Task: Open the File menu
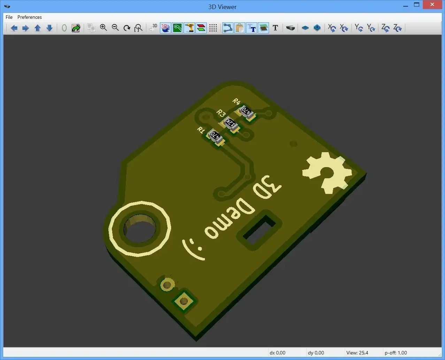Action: pos(9,17)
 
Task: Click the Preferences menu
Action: pos(30,17)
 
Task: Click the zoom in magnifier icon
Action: pos(103,28)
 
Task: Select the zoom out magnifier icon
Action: pos(115,28)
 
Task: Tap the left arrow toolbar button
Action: pos(14,28)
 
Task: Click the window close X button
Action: pos(432,5)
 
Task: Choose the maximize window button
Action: pos(416,5)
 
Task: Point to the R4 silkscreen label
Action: pos(236,101)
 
